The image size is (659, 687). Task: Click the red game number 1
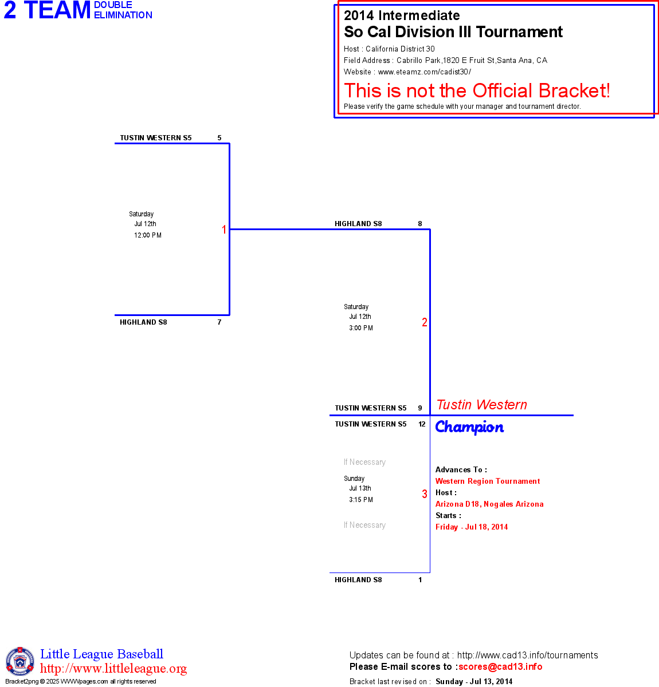224,230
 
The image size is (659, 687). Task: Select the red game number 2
425,322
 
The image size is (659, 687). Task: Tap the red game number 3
425,494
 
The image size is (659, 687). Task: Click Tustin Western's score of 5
219,138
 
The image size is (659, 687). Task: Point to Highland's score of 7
219,322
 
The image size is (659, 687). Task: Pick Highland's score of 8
420,224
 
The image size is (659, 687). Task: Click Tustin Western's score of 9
420,408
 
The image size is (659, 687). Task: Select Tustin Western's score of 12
422,424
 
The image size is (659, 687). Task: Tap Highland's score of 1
420,580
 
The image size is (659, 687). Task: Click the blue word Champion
469,427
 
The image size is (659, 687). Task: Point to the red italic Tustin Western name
481,405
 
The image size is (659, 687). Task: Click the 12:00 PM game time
148,235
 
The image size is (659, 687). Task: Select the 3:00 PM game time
361,328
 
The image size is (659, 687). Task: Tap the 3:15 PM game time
361,500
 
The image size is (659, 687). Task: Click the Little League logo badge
20,661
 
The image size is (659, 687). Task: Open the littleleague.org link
113,669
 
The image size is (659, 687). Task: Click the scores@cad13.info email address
500,666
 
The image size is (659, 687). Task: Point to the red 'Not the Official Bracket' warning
477,90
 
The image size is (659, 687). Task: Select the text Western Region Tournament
488,481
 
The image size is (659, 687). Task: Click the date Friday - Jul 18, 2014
472,527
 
